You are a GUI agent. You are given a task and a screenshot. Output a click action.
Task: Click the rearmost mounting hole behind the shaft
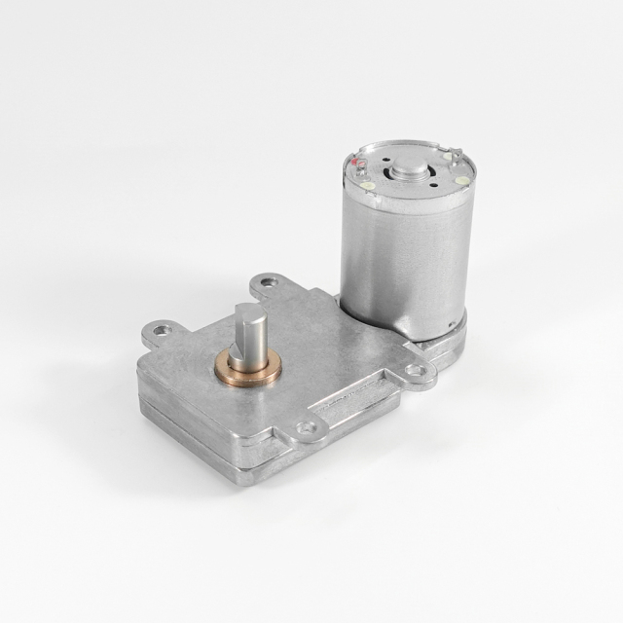click(270, 283)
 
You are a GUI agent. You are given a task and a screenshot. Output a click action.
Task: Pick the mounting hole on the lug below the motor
click(417, 370)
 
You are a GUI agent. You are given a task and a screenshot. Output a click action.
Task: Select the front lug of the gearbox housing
click(308, 429)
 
